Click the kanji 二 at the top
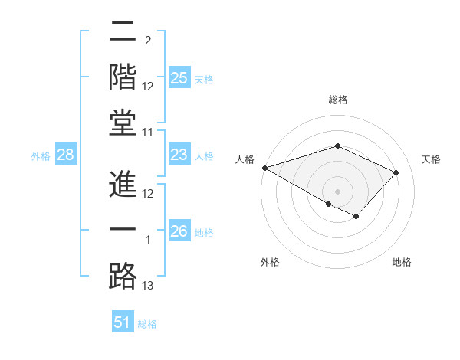tap(123, 31)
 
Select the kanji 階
tap(123, 77)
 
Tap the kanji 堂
tap(123, 123)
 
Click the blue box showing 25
tap(179, 78)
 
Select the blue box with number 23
tap(179, 155)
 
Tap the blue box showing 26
tap(179, 231)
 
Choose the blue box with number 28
tap(66, 155)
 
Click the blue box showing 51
tap(123, 322)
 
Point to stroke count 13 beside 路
tap(148, 286)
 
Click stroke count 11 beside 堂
tap(148, 133)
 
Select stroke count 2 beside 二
tap(147, 41)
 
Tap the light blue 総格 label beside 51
tap(147, 324)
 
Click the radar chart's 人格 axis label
tap(245, 159)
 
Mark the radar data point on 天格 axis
tap(396, 172)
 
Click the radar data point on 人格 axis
tap(264, 168)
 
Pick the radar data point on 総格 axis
tap(337, 146)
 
